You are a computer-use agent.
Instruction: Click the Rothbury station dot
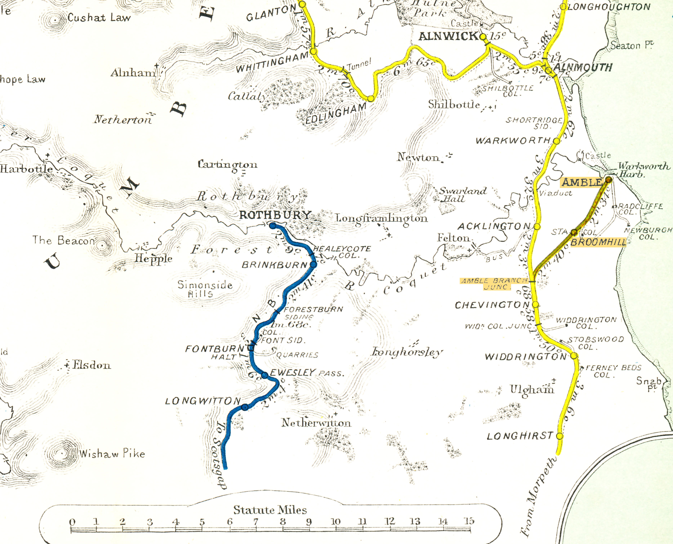coord(273,226)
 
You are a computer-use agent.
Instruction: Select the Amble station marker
coord(608,180)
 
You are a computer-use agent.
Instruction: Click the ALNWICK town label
coord(448,36)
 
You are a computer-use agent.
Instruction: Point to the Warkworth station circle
coord(556,141)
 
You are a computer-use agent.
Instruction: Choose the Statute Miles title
coord(270,510)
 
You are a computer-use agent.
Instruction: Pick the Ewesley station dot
coord(265,375)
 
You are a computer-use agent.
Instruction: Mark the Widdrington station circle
coord(574,356)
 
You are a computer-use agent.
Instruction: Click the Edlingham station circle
coord(371,99)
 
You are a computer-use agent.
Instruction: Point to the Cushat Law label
coord(99,18)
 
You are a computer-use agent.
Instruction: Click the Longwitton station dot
coord(245,407)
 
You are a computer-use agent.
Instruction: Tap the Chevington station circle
coord(536,304)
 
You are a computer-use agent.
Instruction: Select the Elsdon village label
coord(91,365)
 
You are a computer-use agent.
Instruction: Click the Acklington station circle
coord(537,226)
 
